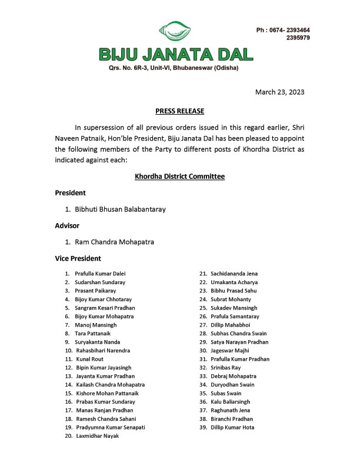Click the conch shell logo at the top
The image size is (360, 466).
pyautogui.click(x=175, y=31)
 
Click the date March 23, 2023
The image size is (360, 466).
pyautogui.click(x=279, y=92)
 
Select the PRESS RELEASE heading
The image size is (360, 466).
pyautogui.click(x=179, y=111)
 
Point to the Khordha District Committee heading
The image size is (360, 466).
pyautogui.click(x=179, y=176)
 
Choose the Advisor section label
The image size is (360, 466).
pyautogui.click(x=67, y=225)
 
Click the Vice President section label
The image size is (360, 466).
pyautogui.click(x=78, y=258)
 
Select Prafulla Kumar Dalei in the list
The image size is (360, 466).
pyautogui.click(x=100, y=274)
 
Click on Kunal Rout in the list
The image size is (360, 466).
pyautogui.click(x=89, y=358)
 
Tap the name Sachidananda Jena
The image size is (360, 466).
pyautogui.click(x=236, y=274)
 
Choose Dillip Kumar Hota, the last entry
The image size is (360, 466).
pyautogui.click(x=235, y=427)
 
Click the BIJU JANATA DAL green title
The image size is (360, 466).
pyautogui.click(x=176, y=54)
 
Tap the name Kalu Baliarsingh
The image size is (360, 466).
pyautogui.click(x=233, y=401)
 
